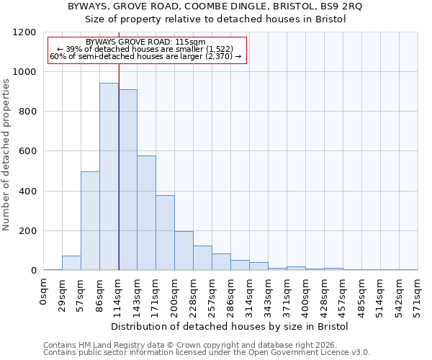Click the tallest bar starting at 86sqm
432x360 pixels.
coord(109,176)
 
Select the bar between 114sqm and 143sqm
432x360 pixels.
coord(127,180)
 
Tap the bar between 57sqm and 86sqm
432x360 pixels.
coord(90,221)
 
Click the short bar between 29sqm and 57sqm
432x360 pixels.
coord(71,263)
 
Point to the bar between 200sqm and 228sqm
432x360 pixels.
coord(184,251)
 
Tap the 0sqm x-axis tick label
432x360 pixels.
coord(44,292)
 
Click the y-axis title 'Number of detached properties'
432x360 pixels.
coord(6,155)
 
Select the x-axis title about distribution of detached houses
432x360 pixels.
coord(230,326)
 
